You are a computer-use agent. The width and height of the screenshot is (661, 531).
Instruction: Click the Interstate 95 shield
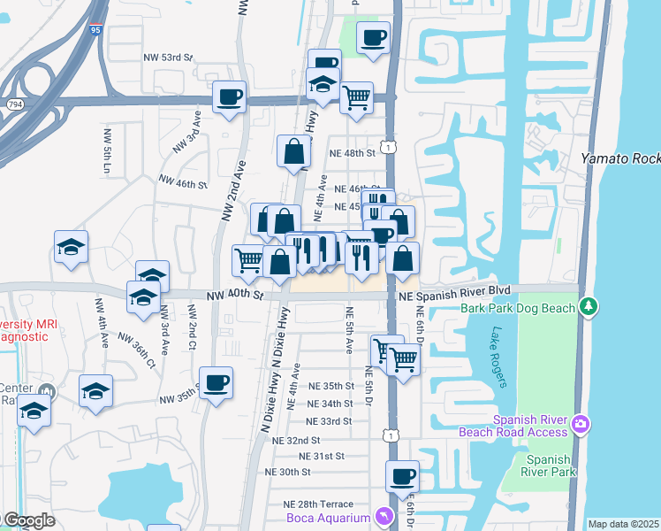95,29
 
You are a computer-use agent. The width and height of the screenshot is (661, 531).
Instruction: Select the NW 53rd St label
168,58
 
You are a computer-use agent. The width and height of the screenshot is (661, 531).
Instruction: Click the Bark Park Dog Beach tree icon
589,307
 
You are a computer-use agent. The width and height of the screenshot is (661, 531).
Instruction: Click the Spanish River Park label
548,466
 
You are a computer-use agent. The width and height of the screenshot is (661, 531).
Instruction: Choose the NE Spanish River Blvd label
454,289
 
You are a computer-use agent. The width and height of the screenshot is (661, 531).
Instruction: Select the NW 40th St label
236,295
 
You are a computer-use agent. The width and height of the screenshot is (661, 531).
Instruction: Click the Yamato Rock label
620,158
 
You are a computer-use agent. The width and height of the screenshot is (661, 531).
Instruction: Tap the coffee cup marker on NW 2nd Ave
229,97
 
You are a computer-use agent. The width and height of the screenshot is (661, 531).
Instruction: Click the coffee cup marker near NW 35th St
216,384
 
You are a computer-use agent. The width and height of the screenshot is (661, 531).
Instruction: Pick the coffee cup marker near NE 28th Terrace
402,477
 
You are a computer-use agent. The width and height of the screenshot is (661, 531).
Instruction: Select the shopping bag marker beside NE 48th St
293,152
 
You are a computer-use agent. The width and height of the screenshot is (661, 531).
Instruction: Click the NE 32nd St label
296,440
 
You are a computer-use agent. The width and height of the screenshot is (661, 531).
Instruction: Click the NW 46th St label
182,184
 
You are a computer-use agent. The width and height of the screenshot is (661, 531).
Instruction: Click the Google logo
28,521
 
